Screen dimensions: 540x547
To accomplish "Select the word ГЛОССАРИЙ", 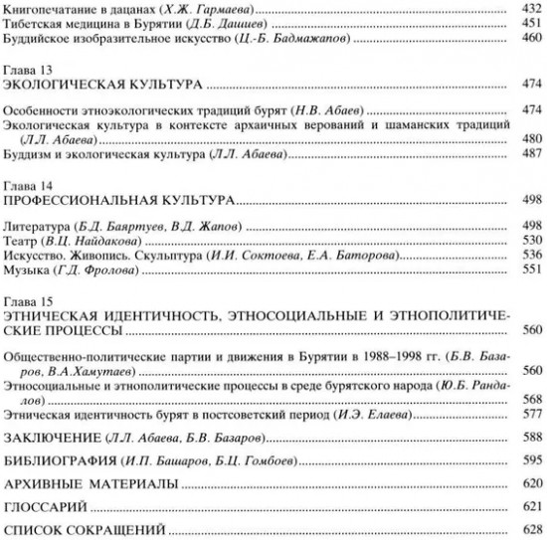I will [46, 506].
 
